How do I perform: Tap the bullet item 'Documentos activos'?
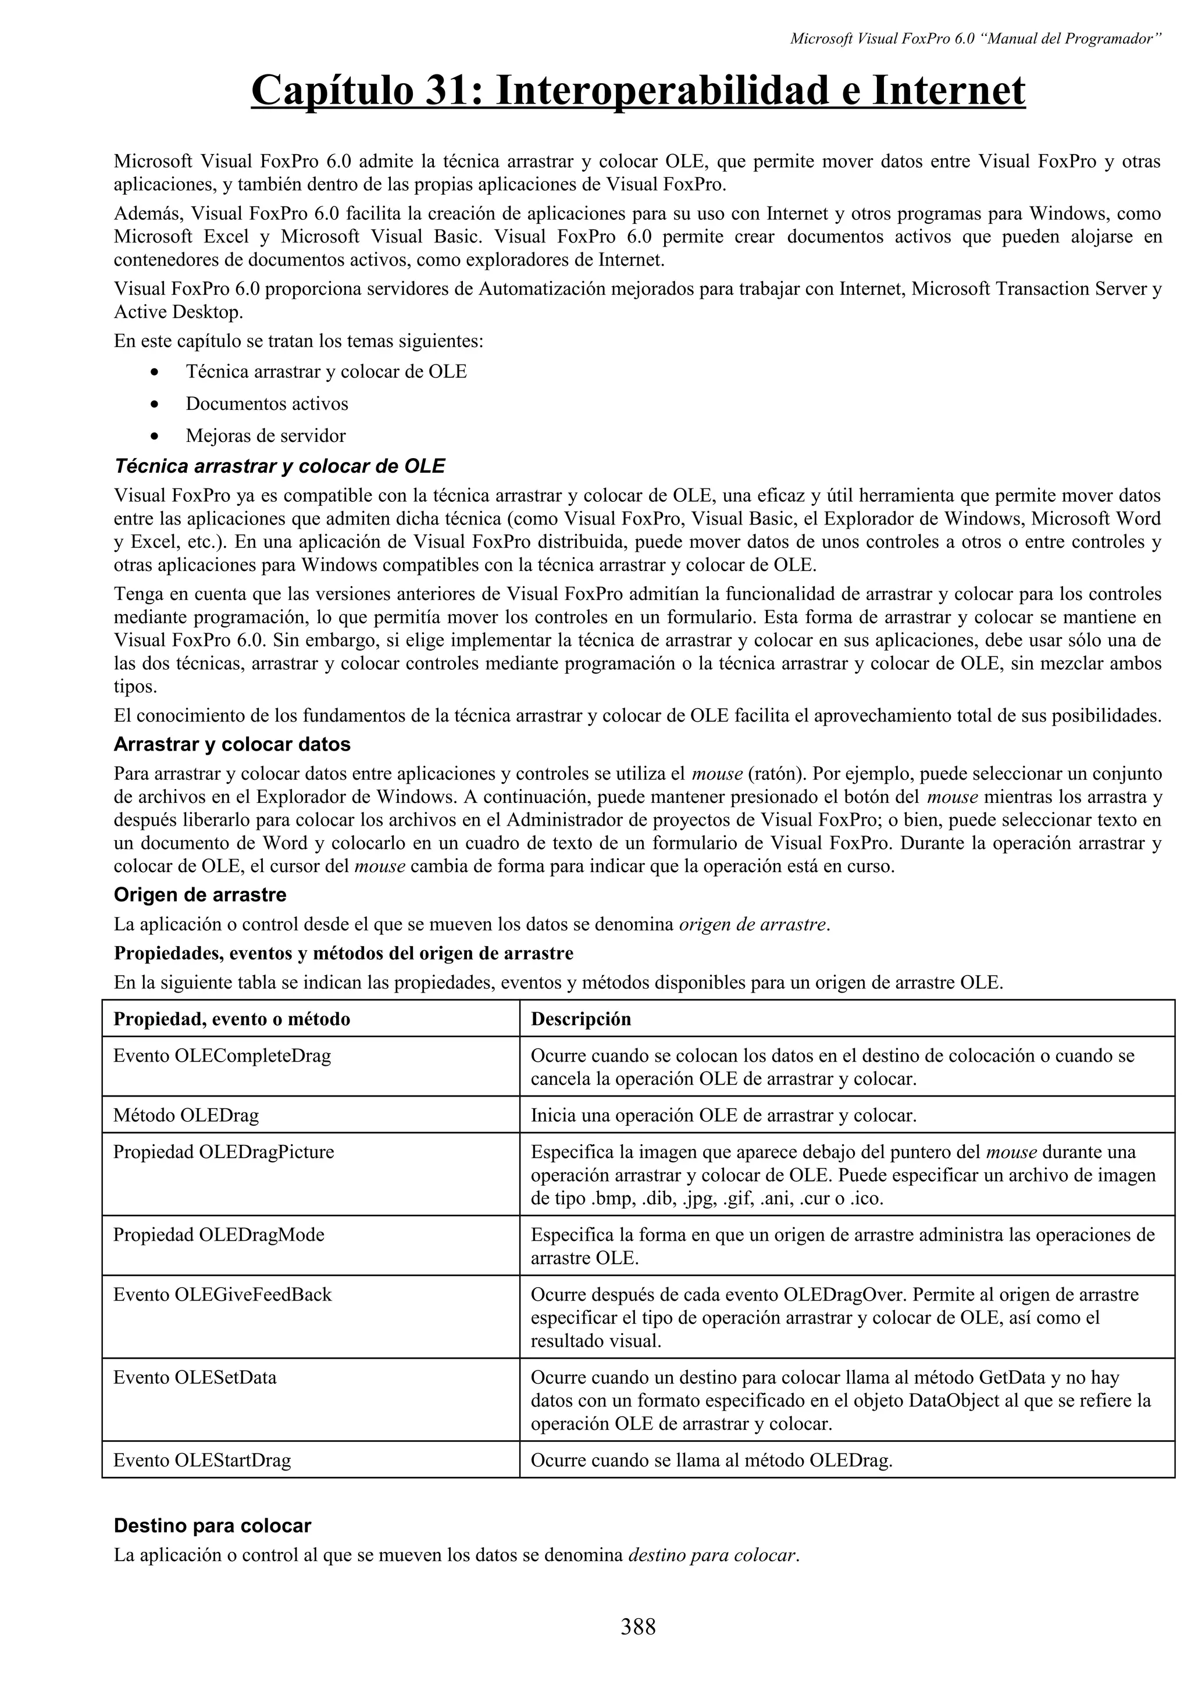[x=266, y=404]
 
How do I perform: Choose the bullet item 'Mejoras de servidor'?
[x=265, y=436]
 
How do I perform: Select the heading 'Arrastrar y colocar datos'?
[x=232, y=744]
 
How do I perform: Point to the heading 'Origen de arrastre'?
[x=199, y=895]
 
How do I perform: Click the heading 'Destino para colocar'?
[x=212, y=1526]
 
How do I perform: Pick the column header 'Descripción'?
[x=580, y=1019]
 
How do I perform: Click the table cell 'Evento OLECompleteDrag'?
[x=222, y=1056]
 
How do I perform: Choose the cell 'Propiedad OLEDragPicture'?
[x=223, y=1152]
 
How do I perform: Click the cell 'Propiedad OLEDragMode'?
[x=218, y=1235]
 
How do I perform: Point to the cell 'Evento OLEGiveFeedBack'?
[x=222, y=1295]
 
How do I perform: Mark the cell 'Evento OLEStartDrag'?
[x=202, y=1461]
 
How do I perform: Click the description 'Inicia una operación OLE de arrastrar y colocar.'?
[x=723, y=1116]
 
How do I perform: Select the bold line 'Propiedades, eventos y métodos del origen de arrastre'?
[x=344, y=954]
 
